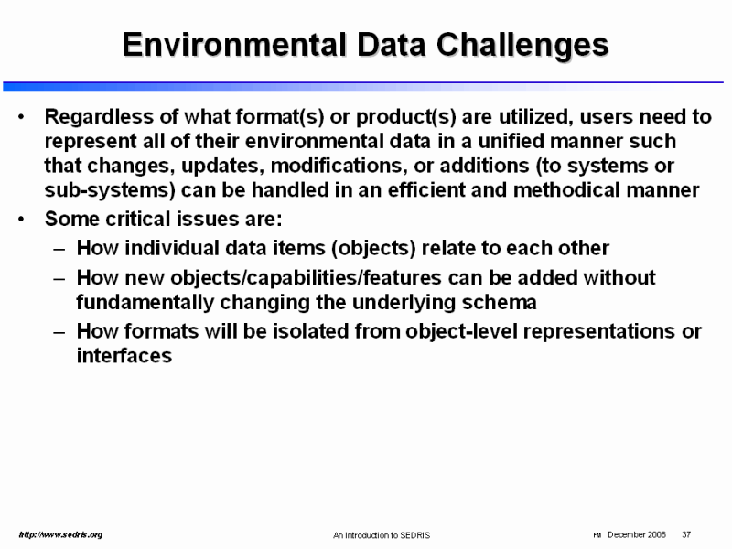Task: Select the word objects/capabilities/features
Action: pos(306,278)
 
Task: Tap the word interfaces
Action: pos(124,356)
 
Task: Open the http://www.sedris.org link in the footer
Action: pos(60,534)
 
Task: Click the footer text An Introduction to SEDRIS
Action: pos(382,535)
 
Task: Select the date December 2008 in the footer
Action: pos(637,534)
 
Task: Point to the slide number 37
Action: pos(686,534)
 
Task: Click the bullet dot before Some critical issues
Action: pos(20,219)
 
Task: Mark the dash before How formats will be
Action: pos(59,332)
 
